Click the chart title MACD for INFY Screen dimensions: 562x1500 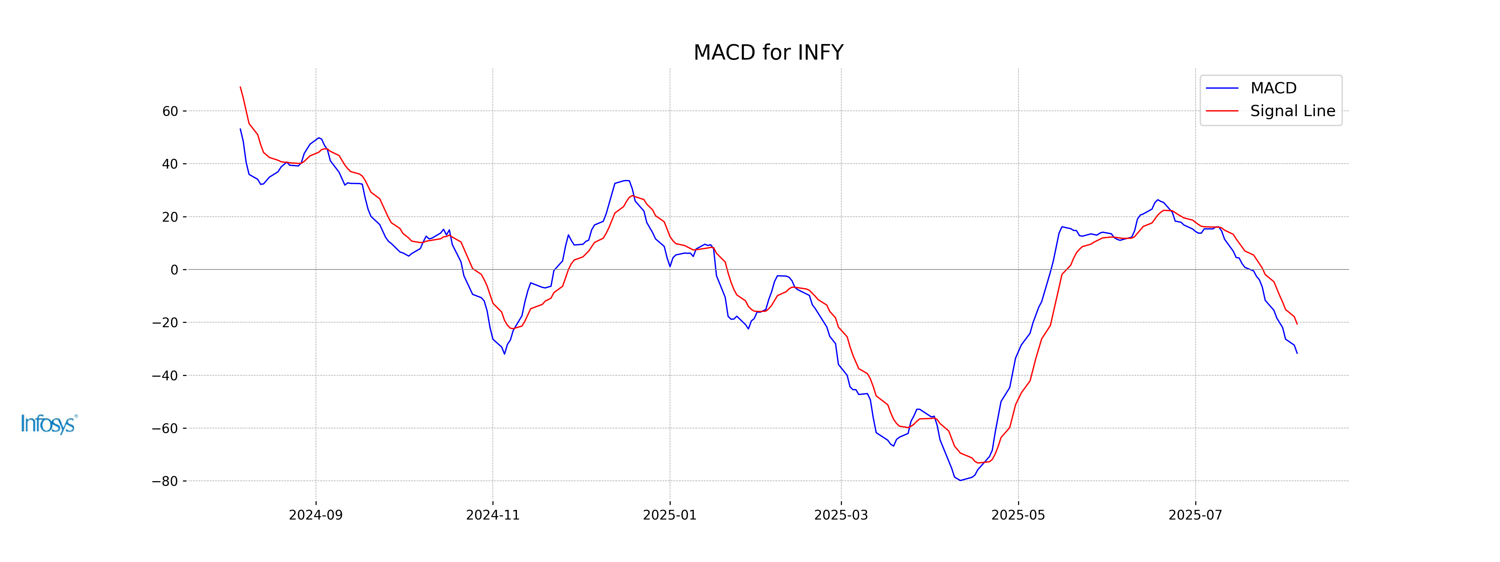pos(768,52)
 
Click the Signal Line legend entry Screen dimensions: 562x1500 pos(1292,111)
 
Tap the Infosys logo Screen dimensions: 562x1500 pos(49,424)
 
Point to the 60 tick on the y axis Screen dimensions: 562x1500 pos(170,111)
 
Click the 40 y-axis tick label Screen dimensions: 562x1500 pos(170,164)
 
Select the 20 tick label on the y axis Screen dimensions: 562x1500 pos(170,217)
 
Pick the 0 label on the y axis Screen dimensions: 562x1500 pos(174,270)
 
